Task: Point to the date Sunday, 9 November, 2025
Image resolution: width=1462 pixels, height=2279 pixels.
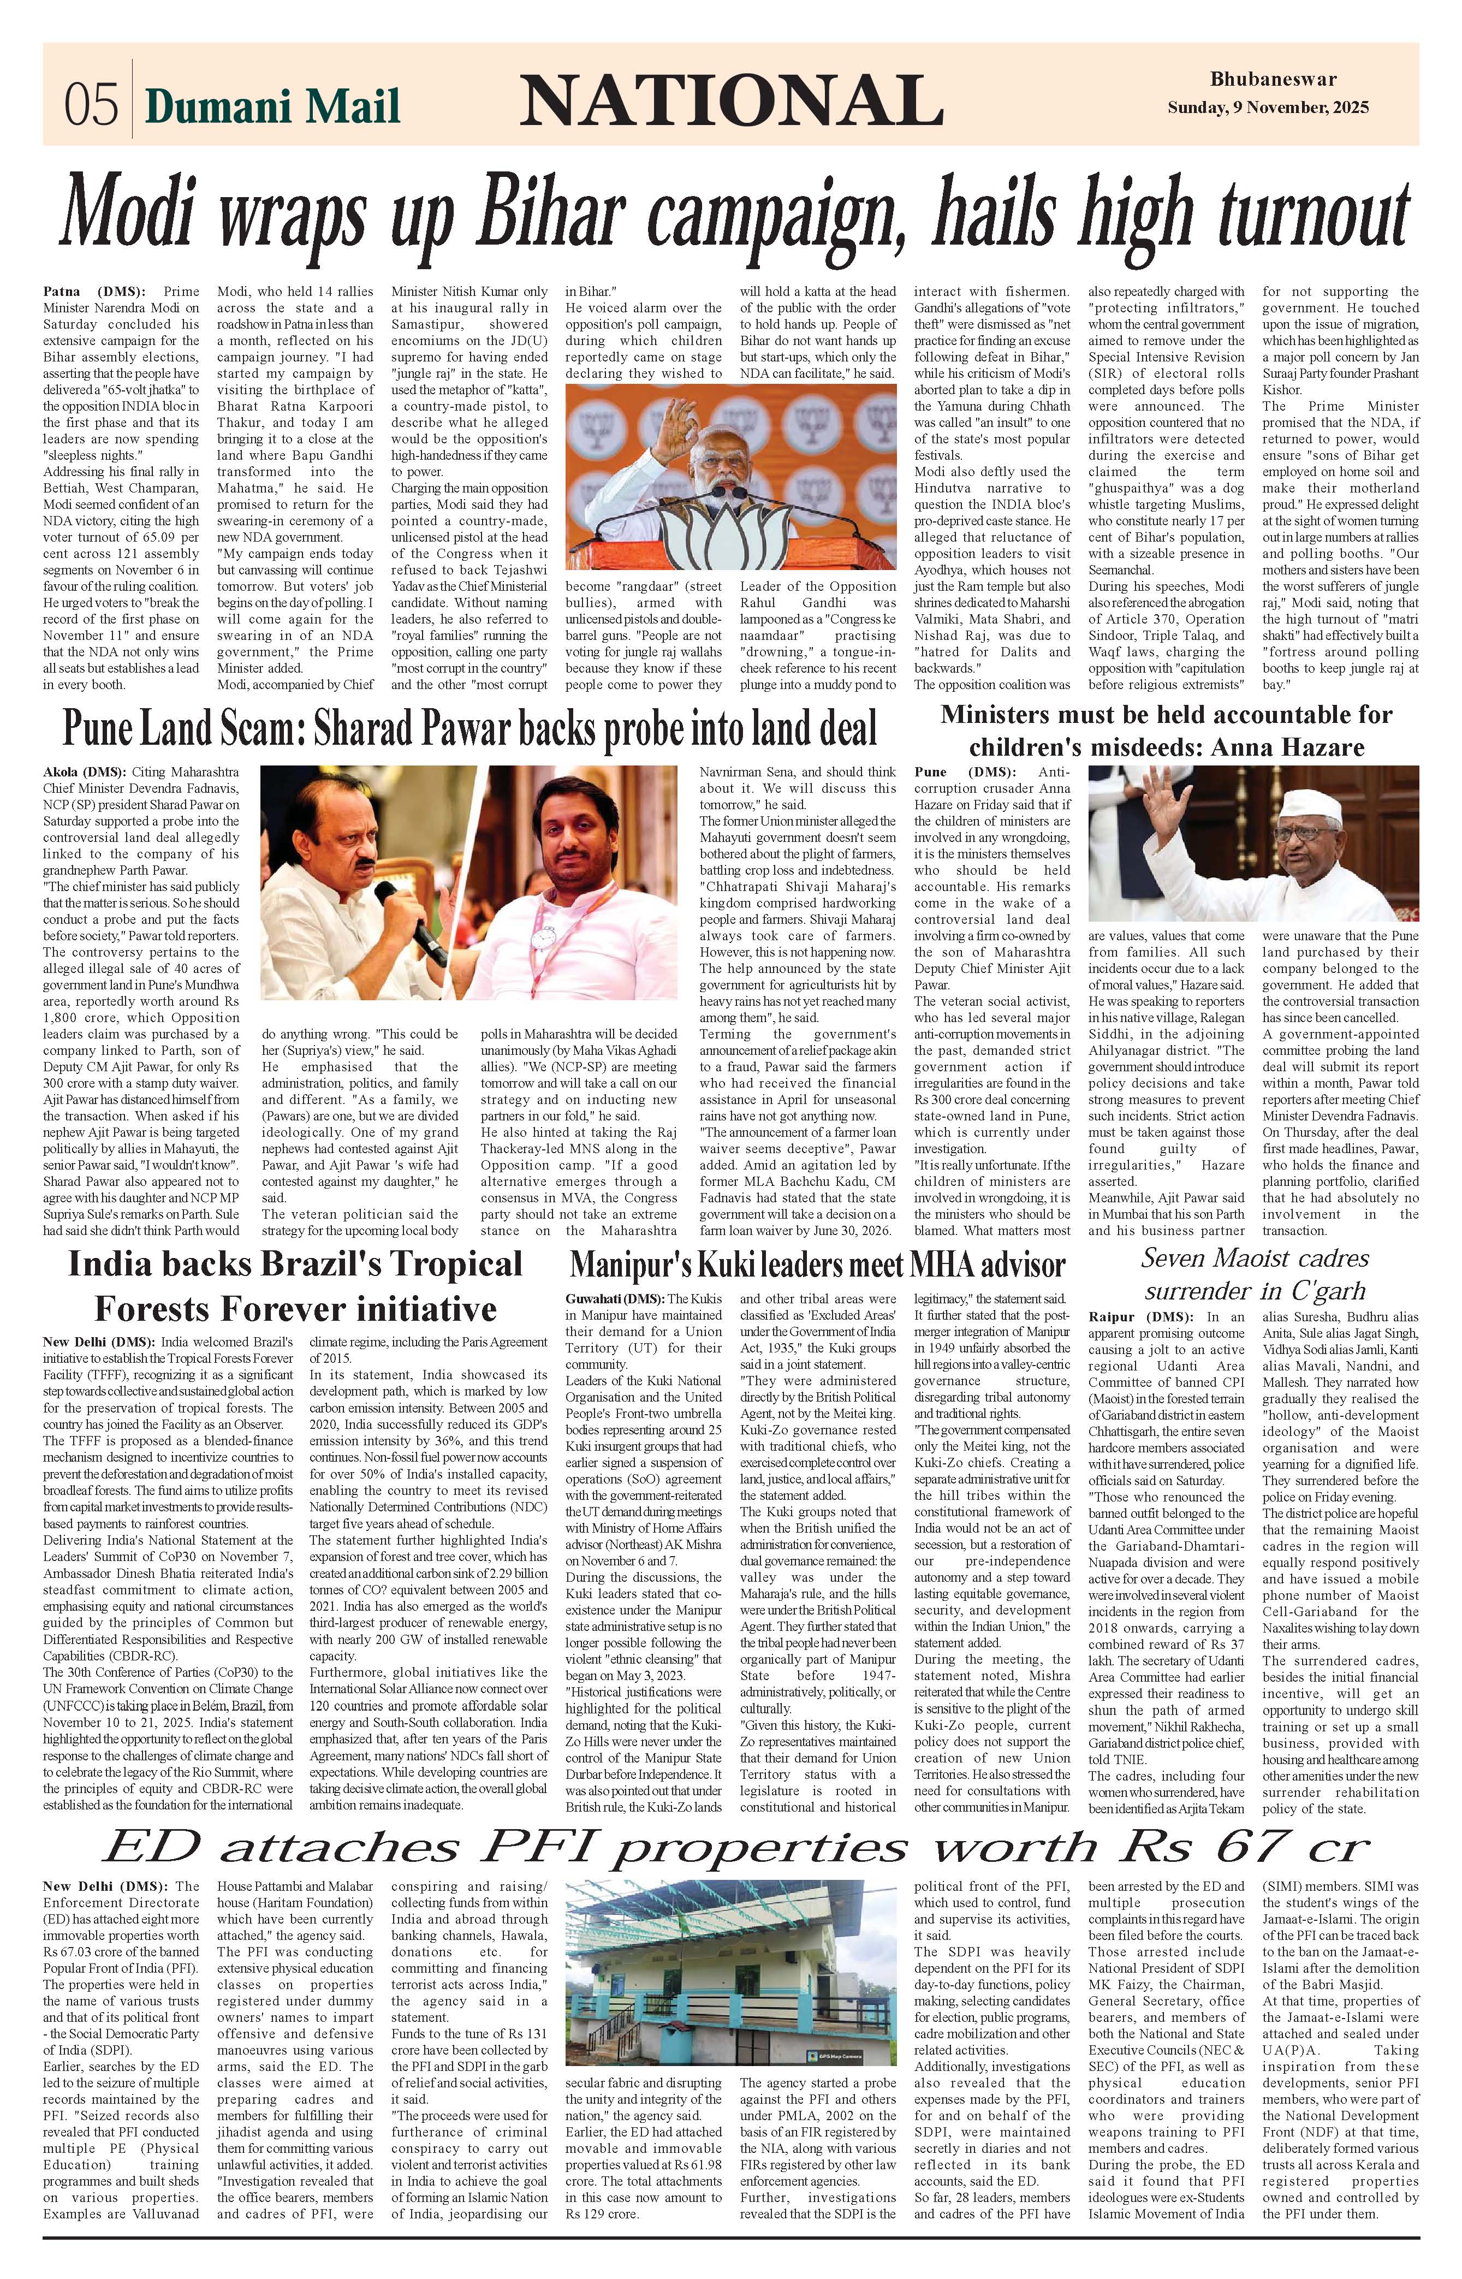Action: click(1268, 107)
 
